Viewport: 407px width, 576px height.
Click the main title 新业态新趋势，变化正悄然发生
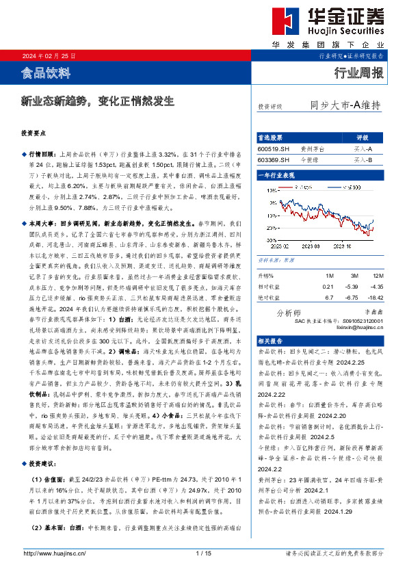(96, 101)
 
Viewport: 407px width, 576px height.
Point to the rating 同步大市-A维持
(345, 105)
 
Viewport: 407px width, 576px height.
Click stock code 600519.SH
(273, 148)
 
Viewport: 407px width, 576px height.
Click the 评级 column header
(363, 138)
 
